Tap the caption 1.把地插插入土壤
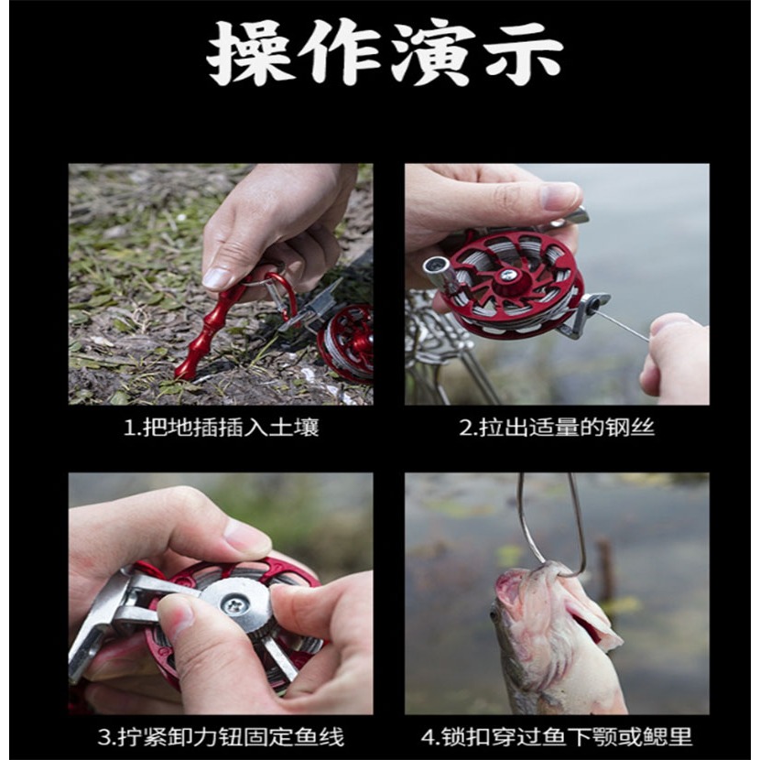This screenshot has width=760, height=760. pyautogui.click(x=221, y=428)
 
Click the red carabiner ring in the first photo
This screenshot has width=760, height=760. pyautogui.click(x=279, y=293)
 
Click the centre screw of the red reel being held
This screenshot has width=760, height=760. pyautogui.click(x=506, y=276)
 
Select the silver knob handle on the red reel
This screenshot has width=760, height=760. pyautogui.click(x=437, y=270)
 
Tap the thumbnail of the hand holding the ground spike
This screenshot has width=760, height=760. pyautogui.click(x=219, y=277)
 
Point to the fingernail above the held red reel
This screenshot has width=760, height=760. pyautogui.click(x=558, y=196)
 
